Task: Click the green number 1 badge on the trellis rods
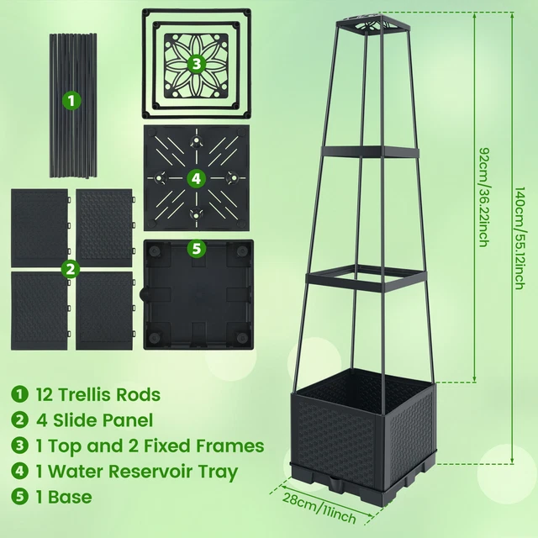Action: click(x=71, y=101)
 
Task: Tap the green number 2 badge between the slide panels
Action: click(x=71, y=269)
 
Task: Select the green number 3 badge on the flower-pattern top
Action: click(x=196, y=63)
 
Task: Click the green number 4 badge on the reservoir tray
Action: click(x=196, y=178)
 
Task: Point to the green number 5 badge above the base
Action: click(x=196, y=249)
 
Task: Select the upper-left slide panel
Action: click(x=40, y=224)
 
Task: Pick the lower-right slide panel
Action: click(x=104, y=309)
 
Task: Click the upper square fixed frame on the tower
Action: click(x=367, y=153)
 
